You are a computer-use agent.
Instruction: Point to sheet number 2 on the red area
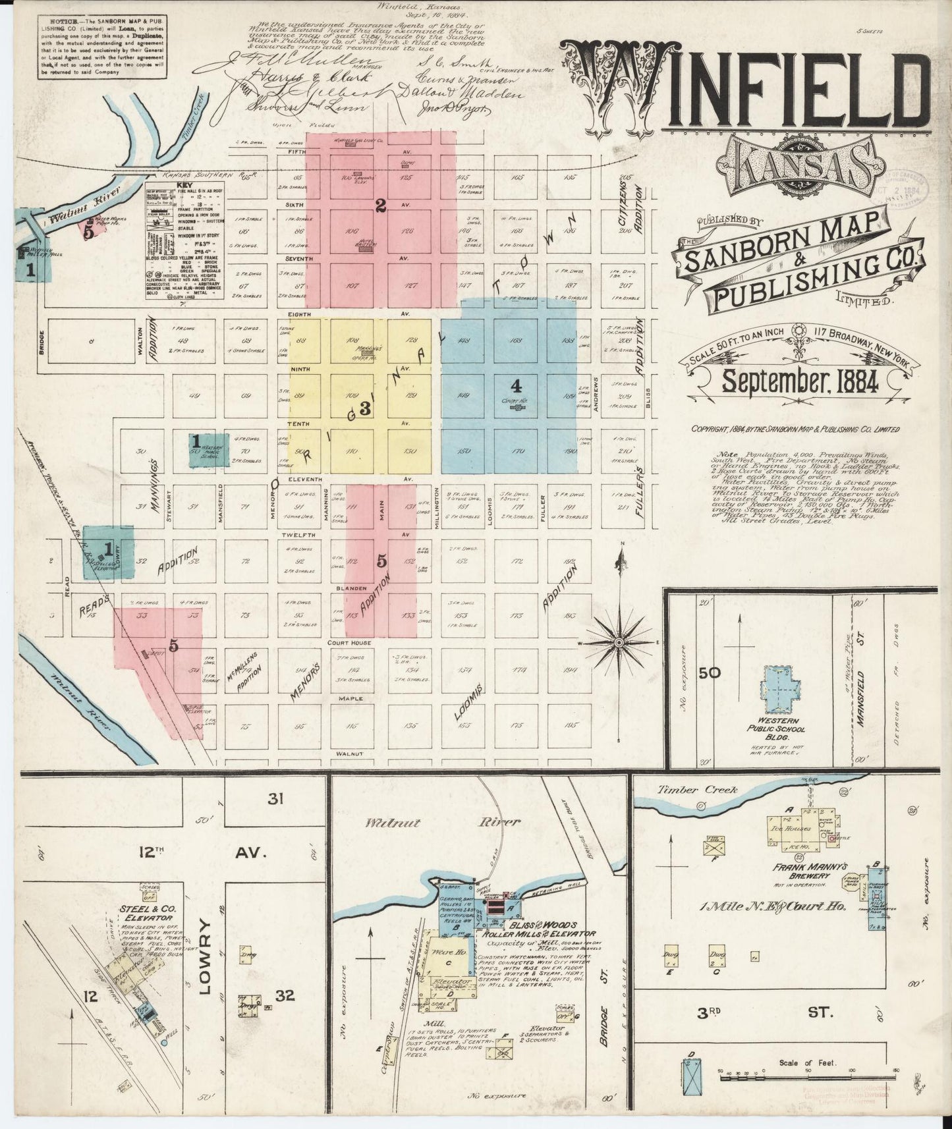point(380,206)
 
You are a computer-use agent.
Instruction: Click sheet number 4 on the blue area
point(517,385)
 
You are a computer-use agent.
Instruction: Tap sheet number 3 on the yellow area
point(364,408)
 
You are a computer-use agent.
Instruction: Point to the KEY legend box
point(175,240)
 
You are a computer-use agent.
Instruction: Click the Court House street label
point(351,642)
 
